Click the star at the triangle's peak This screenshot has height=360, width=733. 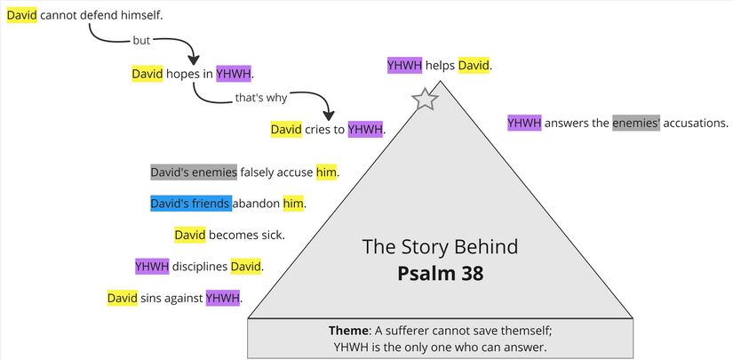pos(426,100)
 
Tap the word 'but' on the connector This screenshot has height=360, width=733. pos(141,40)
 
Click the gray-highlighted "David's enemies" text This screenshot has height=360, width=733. pos(194,172)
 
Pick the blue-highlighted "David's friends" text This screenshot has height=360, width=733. pos(190,204)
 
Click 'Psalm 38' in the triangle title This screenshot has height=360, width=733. pos(441,274)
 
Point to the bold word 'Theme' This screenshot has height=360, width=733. pos(349,331)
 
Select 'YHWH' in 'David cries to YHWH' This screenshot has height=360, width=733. pos(365,130)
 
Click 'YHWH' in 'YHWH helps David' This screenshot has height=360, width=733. pos(404,65)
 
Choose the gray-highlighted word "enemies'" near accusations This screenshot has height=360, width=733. pos(636,123)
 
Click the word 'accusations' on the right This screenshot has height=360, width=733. pos(696,123)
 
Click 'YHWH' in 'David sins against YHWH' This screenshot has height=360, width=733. pos(223,298)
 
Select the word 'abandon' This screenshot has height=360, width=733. pos(257,204)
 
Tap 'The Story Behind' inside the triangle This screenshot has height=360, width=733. pos(440,246)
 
